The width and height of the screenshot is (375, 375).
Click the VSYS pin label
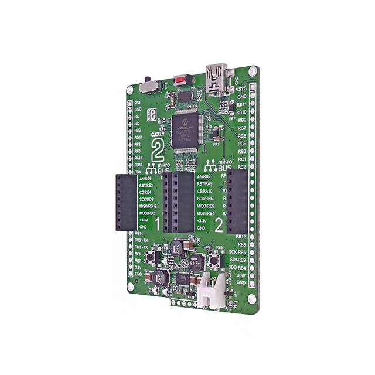tap(241, 89)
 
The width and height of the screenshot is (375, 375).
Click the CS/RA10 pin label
tap(204, 191)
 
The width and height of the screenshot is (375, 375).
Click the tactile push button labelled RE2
tap(217, 262)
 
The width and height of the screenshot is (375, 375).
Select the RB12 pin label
tap(241, 237)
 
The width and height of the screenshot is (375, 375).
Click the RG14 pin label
tap(138, 233)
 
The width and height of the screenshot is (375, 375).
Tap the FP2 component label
tap(233, 118)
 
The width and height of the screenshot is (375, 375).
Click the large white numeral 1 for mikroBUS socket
tap(158, 223)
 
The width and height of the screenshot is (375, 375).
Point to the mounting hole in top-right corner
tap(252, 71)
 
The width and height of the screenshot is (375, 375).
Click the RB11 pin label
tap(241, 104)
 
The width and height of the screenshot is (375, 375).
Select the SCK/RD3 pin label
tap(144, 199)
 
